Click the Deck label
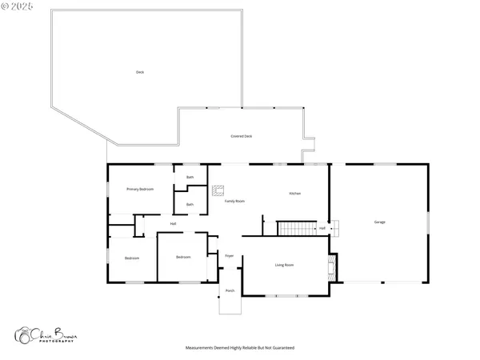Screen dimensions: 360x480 tap(140, 72)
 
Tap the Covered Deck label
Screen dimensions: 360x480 tap(242, 136)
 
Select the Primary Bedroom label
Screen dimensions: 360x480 tap(140, 189)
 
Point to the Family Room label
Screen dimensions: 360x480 tap(234, 201)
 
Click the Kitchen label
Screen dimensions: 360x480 tap(294, 194)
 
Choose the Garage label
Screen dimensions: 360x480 tap(380, 222)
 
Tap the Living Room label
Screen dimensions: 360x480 tap(285, 265)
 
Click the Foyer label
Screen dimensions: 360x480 tap(229, 256)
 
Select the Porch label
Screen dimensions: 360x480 tap(230, 290)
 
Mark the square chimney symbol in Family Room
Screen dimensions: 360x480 tap(218, 190)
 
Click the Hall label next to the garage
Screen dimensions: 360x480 tap(322, 228)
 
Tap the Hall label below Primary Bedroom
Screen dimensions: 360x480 tap(173, 223)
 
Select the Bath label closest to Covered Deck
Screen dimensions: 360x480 tap(190, 177)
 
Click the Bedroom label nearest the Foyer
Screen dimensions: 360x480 tap(183, 257)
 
